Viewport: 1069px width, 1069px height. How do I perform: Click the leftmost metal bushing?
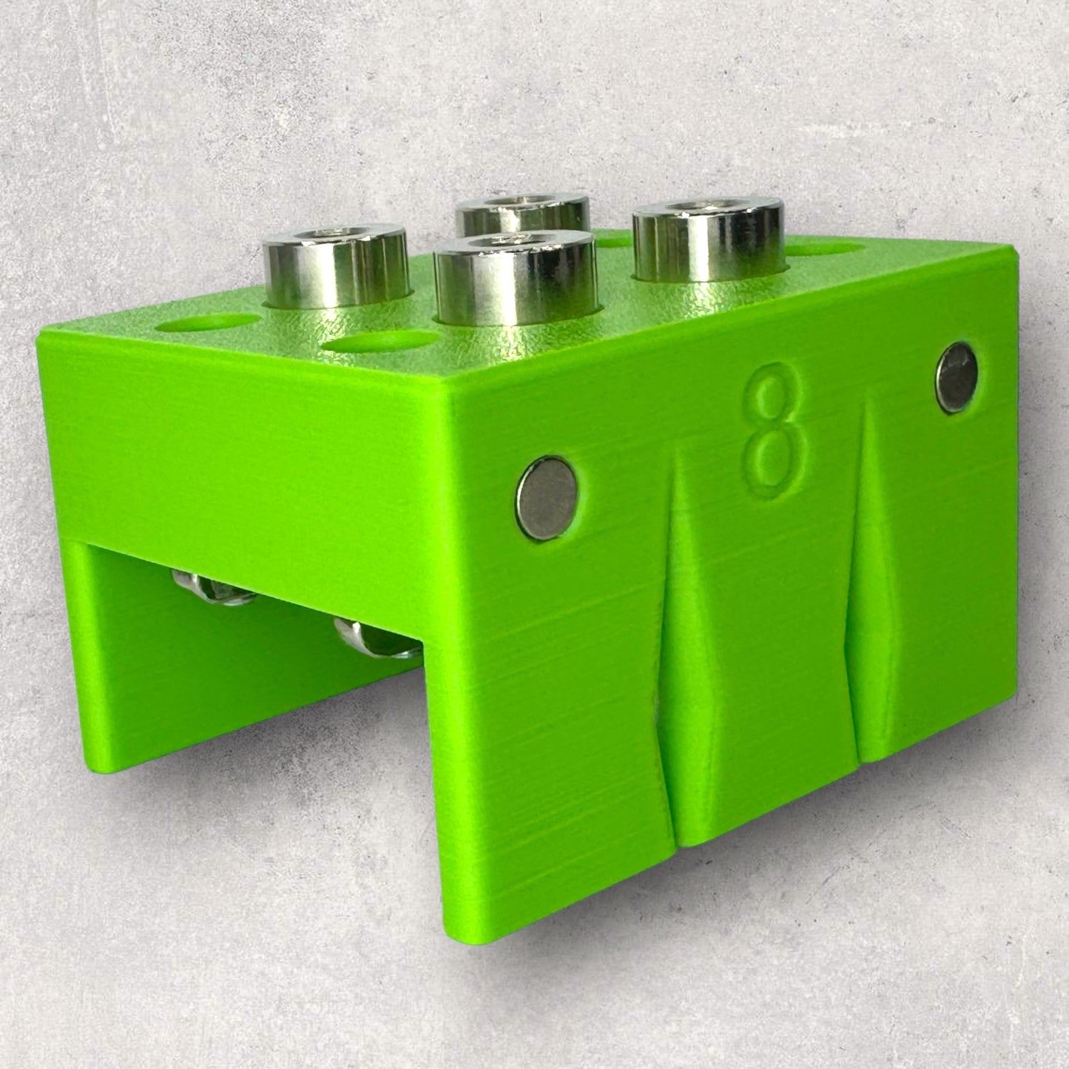coord(336,266)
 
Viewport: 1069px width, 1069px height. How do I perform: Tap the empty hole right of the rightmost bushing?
coord(826,249)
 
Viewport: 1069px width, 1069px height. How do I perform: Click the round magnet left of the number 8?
coord(547,498)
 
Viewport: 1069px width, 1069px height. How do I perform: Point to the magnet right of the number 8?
coord(957,377)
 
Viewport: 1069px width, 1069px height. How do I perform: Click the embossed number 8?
coord(773,431)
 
